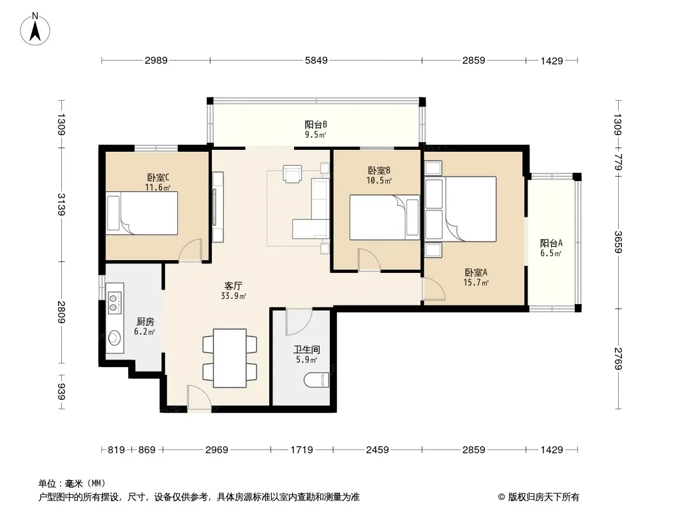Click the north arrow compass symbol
tap(35, 29)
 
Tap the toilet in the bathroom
tap(316, 381)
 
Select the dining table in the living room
tap(230, 358)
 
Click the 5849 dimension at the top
tap(316, 61)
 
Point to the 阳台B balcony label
tap(316, 125)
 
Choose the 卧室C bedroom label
tap(158, 178)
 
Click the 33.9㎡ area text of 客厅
tap(233, 296)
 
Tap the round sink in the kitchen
tap(114, 337)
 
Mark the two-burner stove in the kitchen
tap(114, 302)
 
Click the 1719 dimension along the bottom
tap(301, 450)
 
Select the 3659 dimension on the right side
tap(618, 242)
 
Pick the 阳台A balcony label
tap(551, 243)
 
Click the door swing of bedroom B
tap(369, 260)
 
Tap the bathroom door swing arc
tap(299, 322)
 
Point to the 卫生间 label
tap(307, 350)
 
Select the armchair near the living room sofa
tap(292, 174)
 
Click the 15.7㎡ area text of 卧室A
tap(476, 283)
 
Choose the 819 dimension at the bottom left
tap(116, 450)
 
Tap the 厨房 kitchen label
tap(145, 322)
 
